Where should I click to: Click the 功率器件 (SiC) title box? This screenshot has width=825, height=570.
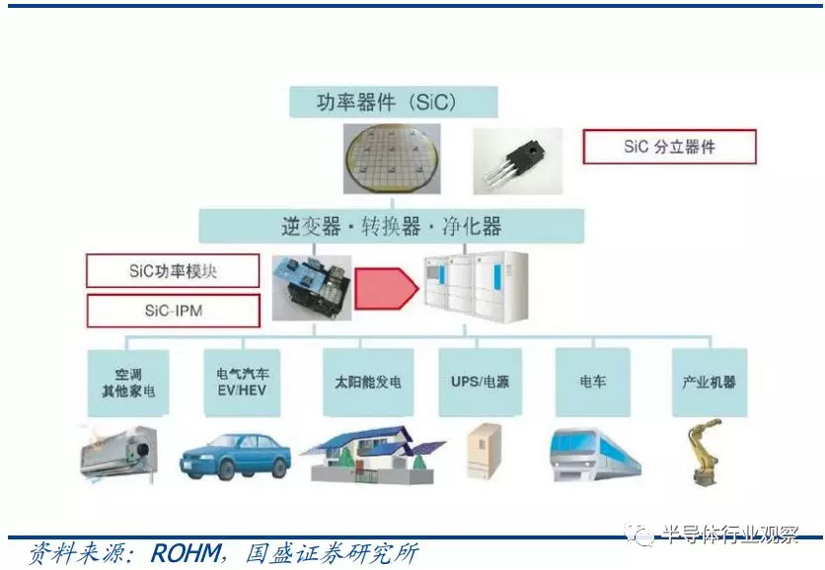pos(394,102)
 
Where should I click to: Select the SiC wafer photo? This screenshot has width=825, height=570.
pos(392,159)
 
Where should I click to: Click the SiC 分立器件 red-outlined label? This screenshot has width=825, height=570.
pos(669,147)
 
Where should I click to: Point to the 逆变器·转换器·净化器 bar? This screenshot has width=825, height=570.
pos(392,226)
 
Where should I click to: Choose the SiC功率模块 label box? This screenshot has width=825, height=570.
pos(173,271)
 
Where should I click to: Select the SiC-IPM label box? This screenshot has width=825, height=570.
pos(173,311)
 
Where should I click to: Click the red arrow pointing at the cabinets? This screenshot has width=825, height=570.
pos(387,288)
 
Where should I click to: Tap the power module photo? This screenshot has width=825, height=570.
pos(312,288)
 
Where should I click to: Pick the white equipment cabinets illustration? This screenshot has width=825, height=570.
pos(477,286)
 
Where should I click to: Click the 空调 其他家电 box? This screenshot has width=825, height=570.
pos(128,383)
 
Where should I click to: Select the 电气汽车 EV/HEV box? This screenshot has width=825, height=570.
pos(242,383)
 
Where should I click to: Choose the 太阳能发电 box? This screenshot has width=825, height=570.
pos(368,382)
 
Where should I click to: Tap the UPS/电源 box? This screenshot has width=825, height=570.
pos(480,382)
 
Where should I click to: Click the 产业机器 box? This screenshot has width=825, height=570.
pos(710,382)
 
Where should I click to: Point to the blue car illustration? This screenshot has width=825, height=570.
pos(235,456)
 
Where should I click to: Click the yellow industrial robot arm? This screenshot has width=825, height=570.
pos(705,452)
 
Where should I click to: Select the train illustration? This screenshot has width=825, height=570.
pos(595,455)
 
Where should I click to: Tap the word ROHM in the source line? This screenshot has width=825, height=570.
pos(186,553)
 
